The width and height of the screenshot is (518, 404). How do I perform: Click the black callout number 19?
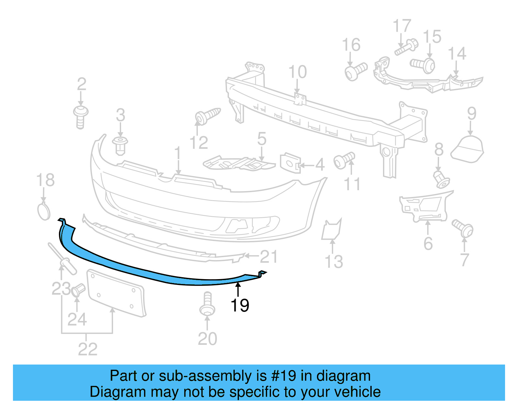[240, 305]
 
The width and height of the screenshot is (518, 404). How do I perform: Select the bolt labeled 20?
[208, 304]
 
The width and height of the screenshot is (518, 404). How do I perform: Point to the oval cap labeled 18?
[44, 212]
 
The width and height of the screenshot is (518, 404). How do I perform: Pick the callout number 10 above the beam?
[297, 72]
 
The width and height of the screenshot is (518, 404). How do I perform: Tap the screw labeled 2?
[80, 116]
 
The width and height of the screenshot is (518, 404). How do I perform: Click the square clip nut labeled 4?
[290, 163]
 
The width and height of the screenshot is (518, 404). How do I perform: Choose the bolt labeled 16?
[355, 71]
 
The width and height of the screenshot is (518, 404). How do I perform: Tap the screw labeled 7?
[463, 228]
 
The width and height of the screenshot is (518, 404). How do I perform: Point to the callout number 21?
[268, 257]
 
